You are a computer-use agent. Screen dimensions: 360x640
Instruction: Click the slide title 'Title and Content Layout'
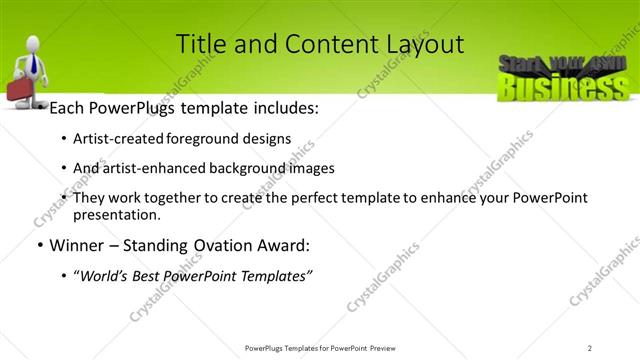(x=319, y=44)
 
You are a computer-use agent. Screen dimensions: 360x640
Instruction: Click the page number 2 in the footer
(x=590, y=347)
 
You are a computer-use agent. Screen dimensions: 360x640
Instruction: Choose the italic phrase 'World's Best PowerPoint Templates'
(x=193, y=275)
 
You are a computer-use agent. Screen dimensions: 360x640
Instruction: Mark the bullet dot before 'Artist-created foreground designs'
(x=65, y=139)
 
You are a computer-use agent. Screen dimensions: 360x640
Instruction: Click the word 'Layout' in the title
(x=428, y=44)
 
